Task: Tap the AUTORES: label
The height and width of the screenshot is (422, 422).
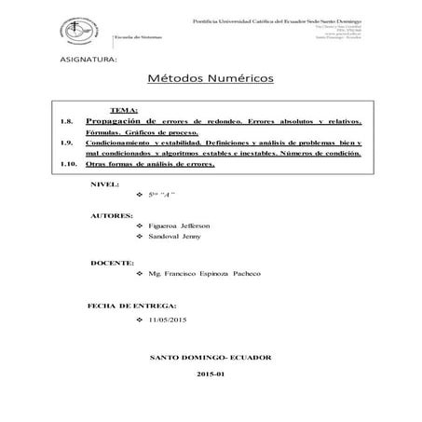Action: point(111,215)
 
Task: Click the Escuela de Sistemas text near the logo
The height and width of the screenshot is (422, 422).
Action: point(135,35)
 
